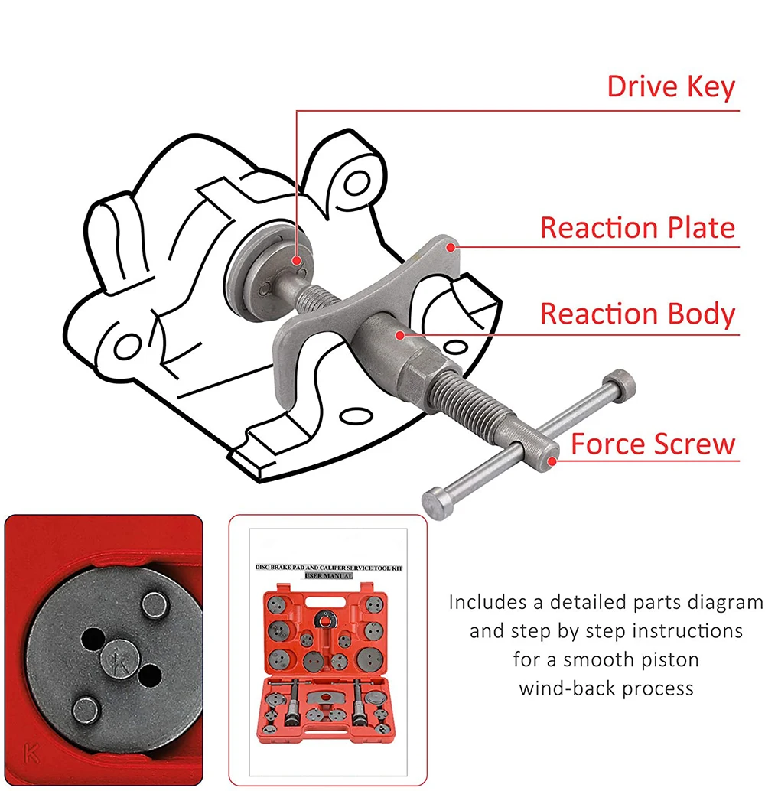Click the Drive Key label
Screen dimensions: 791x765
(670, 86)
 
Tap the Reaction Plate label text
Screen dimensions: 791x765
(637, 228)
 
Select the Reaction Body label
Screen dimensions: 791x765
(637, 314)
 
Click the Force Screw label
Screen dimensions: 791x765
(653, 444)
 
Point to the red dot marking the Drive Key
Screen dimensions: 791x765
(298, 261)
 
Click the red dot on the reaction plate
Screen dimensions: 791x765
(453, 246)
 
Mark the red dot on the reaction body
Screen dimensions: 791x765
(399, 334)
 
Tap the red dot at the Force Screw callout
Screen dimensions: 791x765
(552, 461)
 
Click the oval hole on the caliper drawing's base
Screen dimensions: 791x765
(353, 415)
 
